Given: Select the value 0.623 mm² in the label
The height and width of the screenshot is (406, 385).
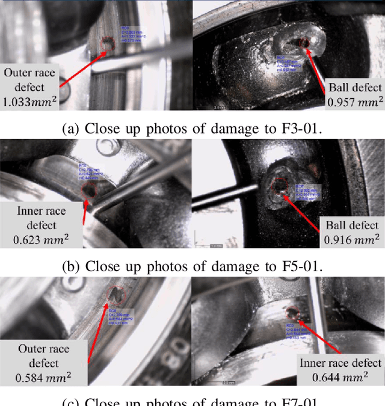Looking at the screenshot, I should [x=42, y=239].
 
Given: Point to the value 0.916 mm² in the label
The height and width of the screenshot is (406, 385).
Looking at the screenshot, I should [x=352, y=239].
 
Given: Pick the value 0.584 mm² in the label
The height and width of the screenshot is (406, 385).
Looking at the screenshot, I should [x=43, y=378].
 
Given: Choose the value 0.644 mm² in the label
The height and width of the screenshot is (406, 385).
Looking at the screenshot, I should [x=340, y=377].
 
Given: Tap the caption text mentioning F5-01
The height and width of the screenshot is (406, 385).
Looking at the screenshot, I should [x=192, y=265].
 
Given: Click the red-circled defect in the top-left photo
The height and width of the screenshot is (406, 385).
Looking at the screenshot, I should [x=108, y=44].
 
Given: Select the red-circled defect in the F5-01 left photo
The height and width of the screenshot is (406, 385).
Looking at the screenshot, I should [x=90, y=191].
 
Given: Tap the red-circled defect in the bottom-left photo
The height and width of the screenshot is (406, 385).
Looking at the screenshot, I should [x=115, y=294].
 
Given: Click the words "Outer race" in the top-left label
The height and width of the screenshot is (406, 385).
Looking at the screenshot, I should [x=29, y=73].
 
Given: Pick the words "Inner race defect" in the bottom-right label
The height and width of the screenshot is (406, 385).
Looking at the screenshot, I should [x=340, y=363].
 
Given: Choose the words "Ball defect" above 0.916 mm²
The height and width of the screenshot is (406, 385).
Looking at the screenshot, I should [x=352, y=226].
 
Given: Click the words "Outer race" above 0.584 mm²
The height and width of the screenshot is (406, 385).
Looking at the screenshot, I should [x=43, y=349].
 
